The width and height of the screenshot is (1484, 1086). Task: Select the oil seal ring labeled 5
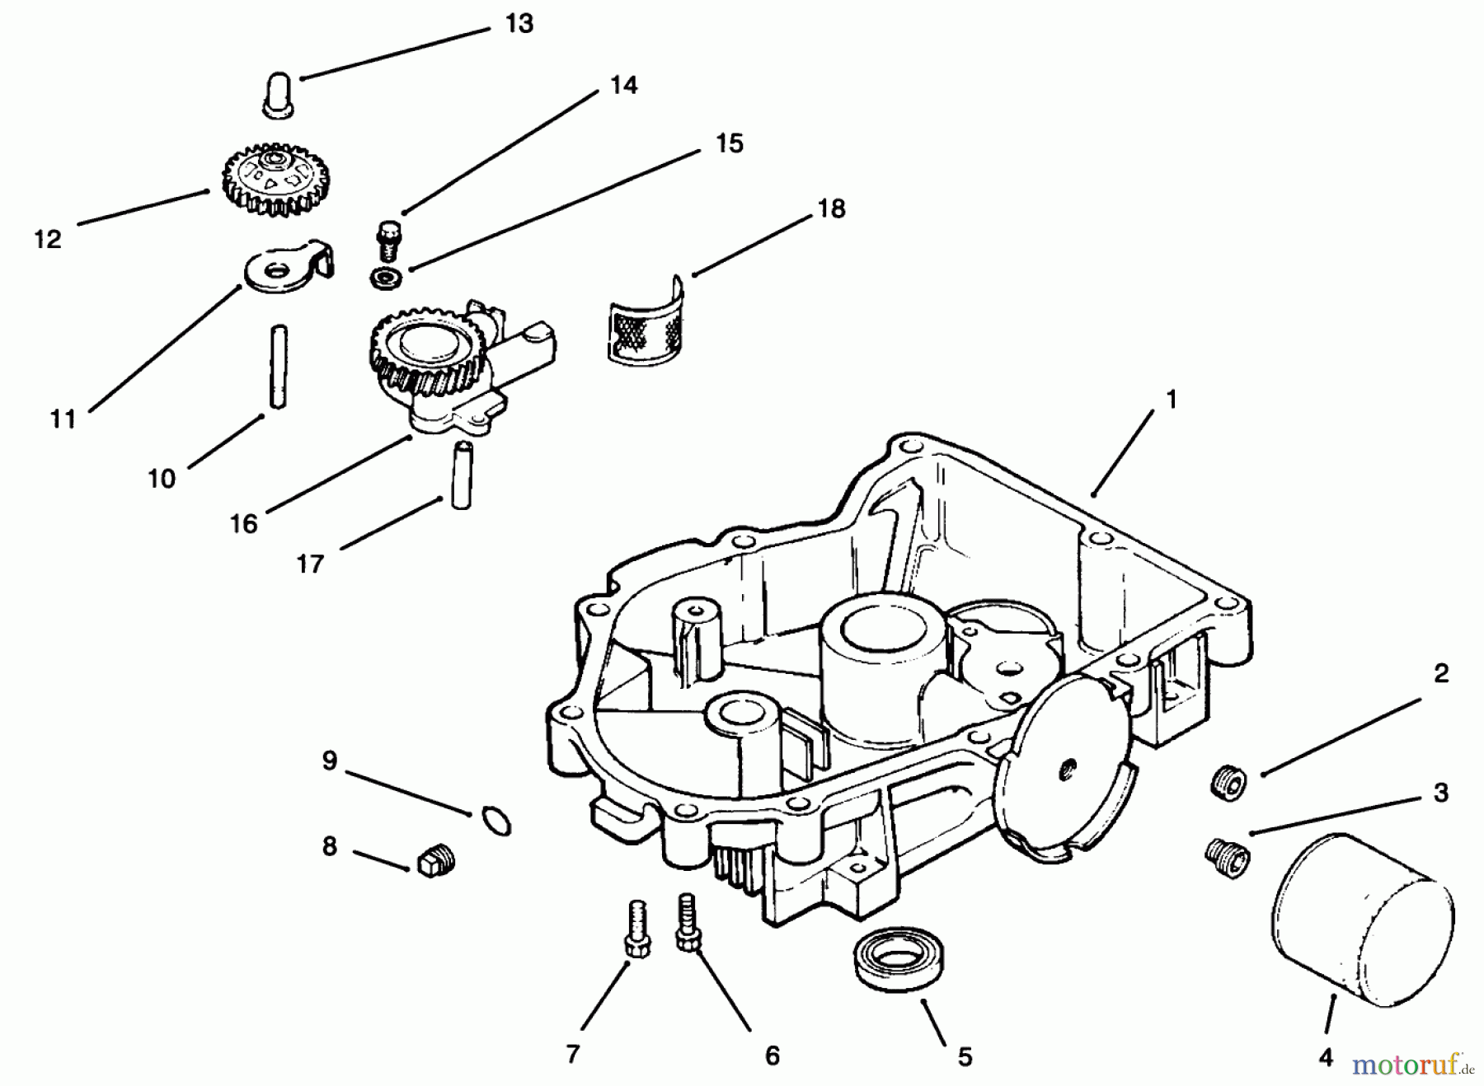[897, 960]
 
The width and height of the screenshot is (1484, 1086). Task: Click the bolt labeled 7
[636, 929]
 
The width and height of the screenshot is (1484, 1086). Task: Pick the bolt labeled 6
[686, 922]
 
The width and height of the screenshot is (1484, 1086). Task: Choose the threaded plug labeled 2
[1227, 782]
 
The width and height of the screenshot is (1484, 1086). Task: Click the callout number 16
[244, 523]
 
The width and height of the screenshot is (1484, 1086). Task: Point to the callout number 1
[1172, 400]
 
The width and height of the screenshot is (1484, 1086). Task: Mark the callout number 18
[831, 209]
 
